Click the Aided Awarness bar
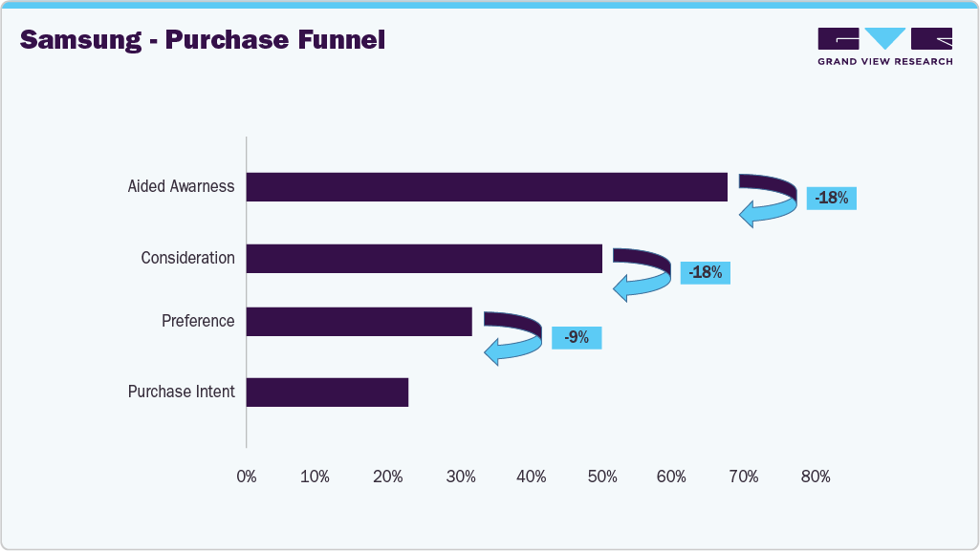pyautogui.click(x=487, y=187)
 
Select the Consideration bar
pyautogui.click(x=424, y=259)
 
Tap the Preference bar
pyautogui.click(x=359, y=322)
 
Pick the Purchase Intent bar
pyautogui.click(x=327, y=392)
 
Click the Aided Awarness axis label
pyautogui.click(x=181, y=187)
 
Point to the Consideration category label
pyautogui.click(x=187, y=259)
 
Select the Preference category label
pyautogui.click(x=198, y=322)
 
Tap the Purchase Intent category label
pyautogui.click(x=181, y=392)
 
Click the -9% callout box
pyautogui.click(x=577, y=337)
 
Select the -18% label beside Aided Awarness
pyautogui.click(x=831, y=199)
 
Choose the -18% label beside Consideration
pyautogui.click(x=705, y=272)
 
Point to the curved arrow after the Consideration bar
pyautogui.click(x=642, y=273)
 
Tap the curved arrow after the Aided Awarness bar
pyautogui.click(x=768, y=200)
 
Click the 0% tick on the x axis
pyautogui.click(x=247, y=477)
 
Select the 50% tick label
pyautogui.click(x=601, y=477)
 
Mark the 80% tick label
pyautogui.click(x=815, y=477)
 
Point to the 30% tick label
pyautogui.click(x=460, y=477)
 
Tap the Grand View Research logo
pyautogui.click(x=884, y=46)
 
